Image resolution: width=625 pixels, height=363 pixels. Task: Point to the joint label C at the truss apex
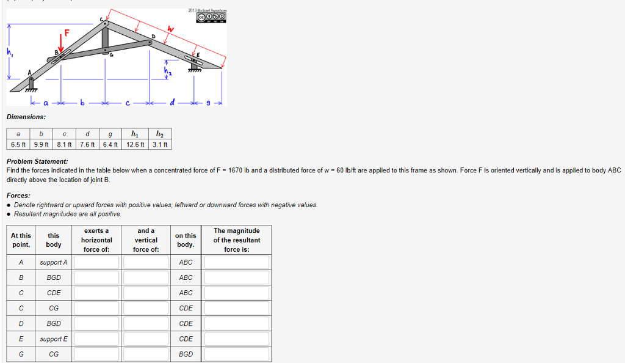101,20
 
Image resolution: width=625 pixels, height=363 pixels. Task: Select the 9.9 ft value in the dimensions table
42,144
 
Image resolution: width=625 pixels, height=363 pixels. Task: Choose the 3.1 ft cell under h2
160,144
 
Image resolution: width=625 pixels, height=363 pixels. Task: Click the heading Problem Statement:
37,161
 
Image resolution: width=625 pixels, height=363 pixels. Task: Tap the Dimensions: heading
26,117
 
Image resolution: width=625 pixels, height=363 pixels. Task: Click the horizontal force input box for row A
97,262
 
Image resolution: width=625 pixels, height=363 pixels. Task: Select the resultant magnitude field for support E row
237,339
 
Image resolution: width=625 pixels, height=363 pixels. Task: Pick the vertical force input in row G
146,354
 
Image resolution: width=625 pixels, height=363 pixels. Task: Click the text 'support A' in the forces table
54,262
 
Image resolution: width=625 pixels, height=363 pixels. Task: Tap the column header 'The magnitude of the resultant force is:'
237,240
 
